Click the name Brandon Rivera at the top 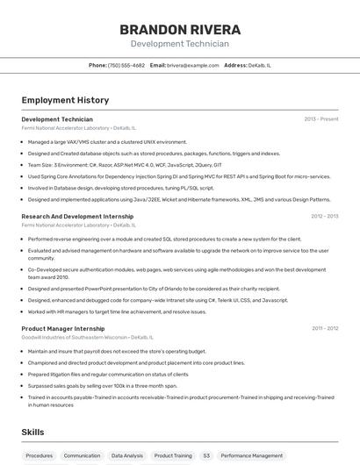[x=179, y=30]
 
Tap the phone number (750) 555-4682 [x=126, y=65]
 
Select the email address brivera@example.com [x=192, y=65]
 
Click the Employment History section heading [x=65, y=101]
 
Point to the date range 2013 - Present [x=320, y=118]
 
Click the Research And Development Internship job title [x=77, y=216]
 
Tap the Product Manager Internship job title [x=63, y=328]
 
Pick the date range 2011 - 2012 [x=324, y=328]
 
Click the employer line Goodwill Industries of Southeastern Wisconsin [x=87, y=337]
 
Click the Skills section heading [x=32, y=433]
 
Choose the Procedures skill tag [x=40, y=455]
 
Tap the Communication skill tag [x=82, y=455]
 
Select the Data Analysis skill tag [x=127, y=455]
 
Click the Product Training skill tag [x=173, y=455]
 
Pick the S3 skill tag [x=206, y=455]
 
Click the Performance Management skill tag [x=252, y=455]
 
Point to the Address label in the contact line [x=235, y=65]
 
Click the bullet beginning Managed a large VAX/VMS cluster [x=107, y=141]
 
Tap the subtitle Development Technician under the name [x=179, y=44]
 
